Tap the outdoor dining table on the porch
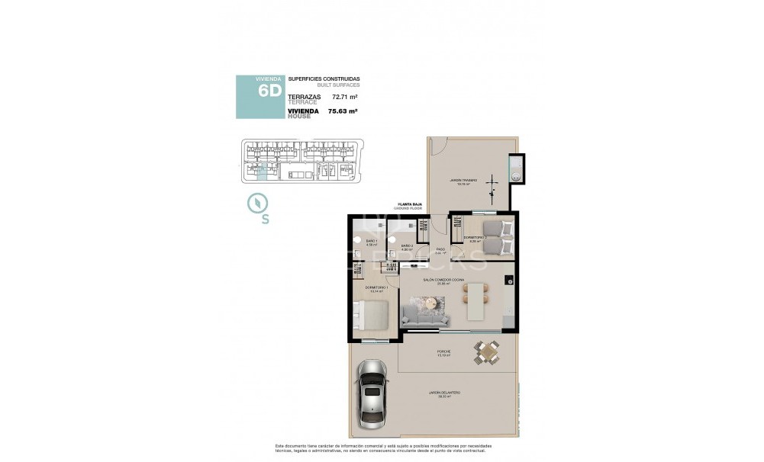tap(486, 352)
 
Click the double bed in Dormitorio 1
tap(371, 316)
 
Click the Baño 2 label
tap(407, 245)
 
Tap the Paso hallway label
tap(440, 250)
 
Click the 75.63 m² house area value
tap(343, 111)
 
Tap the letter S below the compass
tap(265, 220)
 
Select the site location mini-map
tap(299, 162)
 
